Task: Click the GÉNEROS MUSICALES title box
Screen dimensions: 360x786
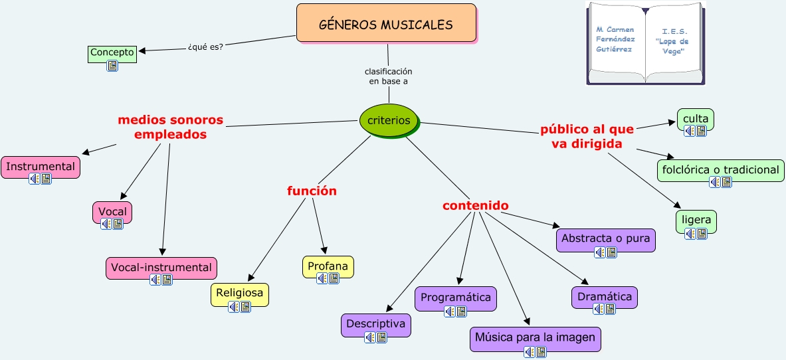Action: click(x=386, y=24)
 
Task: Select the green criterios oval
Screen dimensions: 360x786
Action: click(x=389, y=121)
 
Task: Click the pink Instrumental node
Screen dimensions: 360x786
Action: click(x=41, y=167)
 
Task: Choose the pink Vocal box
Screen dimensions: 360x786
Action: click(x=112, y=212)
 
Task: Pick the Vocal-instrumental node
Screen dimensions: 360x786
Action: click(x=161, y=268)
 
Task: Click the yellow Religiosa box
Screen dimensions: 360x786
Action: click(x=240, y=293)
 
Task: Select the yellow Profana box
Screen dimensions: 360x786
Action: click(x=328, y=266)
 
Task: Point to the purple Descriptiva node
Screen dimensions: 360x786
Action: click(x=376, y=324)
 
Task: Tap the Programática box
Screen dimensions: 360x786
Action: click(x=456, y=298)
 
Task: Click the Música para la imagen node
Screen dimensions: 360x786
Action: click(x=535, y=338)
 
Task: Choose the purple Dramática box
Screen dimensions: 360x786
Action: click(x=605, y=297)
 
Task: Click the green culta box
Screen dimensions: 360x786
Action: click(x=696, y=120)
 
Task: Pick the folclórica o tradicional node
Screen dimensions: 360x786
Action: click(x=720, y=170)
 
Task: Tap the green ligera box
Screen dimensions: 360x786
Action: click(x=696, y=220)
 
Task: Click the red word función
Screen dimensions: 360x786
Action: click(x=312, y=191)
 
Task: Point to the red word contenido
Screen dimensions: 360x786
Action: click(x=476, y=206)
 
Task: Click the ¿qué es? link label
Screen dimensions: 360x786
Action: click(x=205, y=46)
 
